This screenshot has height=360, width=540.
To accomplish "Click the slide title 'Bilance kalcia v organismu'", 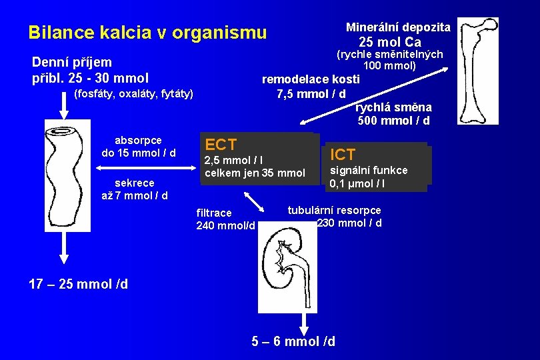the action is [x=147, y=32].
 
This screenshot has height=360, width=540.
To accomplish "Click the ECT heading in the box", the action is [x=221, y=144].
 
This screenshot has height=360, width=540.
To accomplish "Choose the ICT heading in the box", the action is [x=343, y=155].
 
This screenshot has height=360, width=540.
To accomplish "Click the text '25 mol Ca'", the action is [x=390, y=43].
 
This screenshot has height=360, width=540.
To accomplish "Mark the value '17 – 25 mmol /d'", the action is [x=79, y=284].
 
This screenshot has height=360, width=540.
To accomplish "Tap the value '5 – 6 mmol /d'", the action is [x=293, y=341].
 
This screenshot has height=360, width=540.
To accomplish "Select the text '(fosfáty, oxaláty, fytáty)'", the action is [x=133, y=93].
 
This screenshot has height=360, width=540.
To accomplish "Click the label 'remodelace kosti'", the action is [x=311, y=79].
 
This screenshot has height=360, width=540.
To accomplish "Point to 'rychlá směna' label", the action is [x=393, y=107].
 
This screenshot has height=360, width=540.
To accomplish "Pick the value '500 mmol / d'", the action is [x=393, y=121].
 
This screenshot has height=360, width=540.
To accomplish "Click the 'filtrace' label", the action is [x=214, y=213].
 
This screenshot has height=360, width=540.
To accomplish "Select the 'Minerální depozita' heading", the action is [x=398, y=27].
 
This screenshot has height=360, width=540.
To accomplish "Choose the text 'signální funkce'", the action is [x=369, y=170].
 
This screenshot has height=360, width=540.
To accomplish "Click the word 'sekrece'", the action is [x=134, y=183].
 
